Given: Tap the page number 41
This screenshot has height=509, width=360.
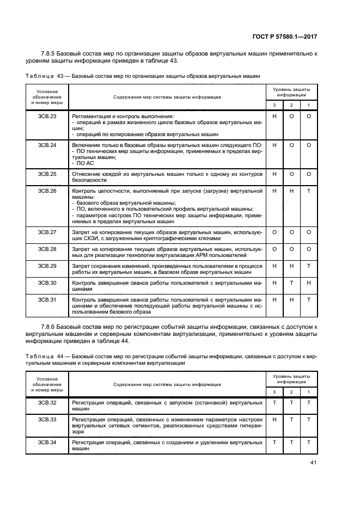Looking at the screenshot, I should click(313, 463).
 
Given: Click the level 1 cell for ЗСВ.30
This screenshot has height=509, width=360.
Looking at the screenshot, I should click(309, 283).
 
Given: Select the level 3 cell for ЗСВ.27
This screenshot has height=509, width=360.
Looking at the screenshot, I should click(274, 232).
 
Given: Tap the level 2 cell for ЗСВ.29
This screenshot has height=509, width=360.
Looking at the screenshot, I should click(291, 266).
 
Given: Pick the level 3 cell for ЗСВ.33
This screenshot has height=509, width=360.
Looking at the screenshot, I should click(274, 420).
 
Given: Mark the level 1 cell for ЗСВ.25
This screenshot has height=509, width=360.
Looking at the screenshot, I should click(309, 174).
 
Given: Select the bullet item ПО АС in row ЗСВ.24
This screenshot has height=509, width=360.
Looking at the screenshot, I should click(84, 162).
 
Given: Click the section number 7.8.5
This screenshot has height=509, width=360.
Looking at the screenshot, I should click(52, 53).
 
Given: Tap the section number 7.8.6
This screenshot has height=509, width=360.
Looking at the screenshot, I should click(52, 326).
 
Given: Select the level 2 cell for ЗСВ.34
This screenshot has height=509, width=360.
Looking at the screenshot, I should click(291, 442).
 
